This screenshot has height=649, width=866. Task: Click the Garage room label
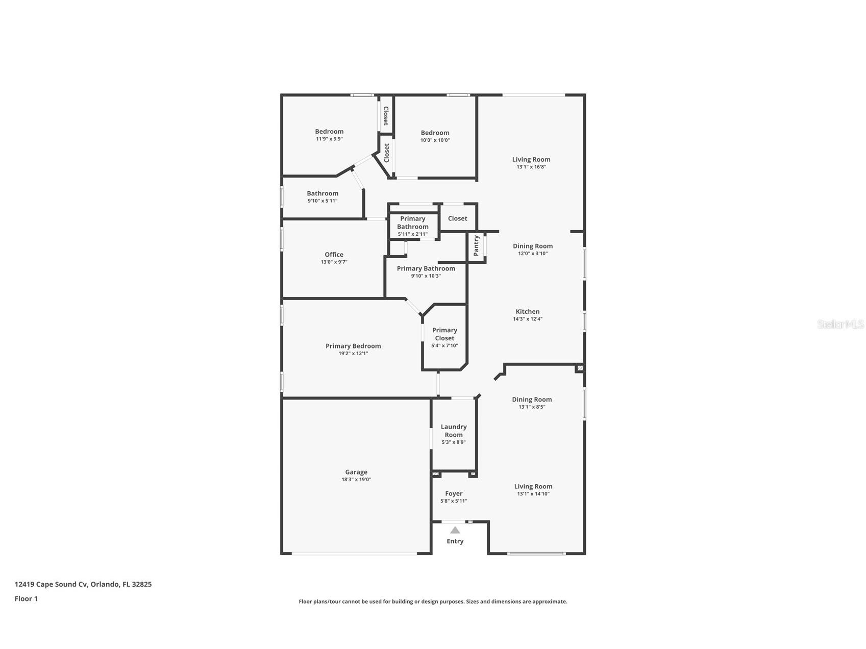click(x=356, y=472)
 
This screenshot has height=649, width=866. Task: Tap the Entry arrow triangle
click(x=455, y=530)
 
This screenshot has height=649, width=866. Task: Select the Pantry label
click(x=476, y=245)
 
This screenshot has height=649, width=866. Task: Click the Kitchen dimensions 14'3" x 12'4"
click(x=527, y=319)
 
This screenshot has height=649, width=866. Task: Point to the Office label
click(x=334, y=255)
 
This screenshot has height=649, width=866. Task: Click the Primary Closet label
click(x=444, y=334)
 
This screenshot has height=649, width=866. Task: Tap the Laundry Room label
click(x=453, y=431)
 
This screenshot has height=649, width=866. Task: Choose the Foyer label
click(x=453, y=493)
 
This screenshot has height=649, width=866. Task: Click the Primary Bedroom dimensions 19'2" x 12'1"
click(x=353, y=353)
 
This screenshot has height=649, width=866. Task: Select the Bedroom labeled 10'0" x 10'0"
click(x=435, y=133)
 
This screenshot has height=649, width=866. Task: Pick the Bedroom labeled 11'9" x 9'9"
click(x=329, y=132)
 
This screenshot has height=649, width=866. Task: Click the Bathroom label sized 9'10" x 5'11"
click(x=322, y=193)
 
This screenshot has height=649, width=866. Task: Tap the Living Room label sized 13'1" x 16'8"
click(x=531, y=159)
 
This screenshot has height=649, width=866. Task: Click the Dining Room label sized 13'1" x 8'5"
click(x=532, y=400)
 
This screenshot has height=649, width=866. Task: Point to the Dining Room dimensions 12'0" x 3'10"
click(x=532, y=253)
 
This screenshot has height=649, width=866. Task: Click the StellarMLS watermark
click(x=840, y=324)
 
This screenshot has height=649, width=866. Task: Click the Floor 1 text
click(x=26, y=598)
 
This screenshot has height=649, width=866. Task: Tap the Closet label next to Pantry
click(x=457, y=218)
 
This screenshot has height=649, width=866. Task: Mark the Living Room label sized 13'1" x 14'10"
click(x=533, y=486)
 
